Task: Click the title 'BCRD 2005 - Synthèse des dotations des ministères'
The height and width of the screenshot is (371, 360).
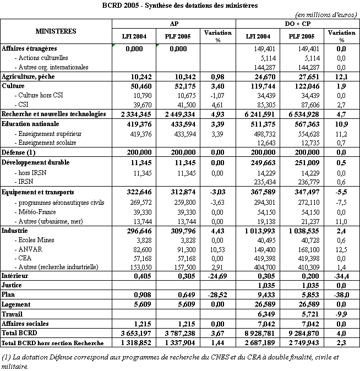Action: tap(180, 5)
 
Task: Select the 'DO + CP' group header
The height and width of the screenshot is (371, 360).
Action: tap(297, 24)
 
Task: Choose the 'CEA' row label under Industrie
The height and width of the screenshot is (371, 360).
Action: tap(25, 258)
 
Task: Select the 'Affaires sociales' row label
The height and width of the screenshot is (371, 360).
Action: tap(25, 324)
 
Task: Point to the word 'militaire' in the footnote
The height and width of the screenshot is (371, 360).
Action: tap(14, 365)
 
